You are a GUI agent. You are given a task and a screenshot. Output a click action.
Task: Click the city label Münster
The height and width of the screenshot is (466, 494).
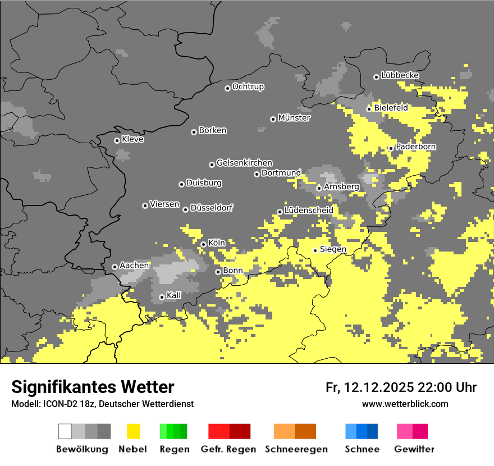click(294, 118)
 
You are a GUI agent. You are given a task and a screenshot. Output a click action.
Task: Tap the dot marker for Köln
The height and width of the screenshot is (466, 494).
click(203, 244)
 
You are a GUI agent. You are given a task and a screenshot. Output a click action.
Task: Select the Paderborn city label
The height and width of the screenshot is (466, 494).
click(415, 147)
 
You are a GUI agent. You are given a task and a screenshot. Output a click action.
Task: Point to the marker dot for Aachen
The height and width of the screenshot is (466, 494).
click(115, 267)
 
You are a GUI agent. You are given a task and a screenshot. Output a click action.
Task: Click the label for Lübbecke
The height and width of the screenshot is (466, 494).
click(400, 75)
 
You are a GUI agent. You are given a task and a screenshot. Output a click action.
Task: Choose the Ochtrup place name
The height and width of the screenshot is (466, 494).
click(248, 86)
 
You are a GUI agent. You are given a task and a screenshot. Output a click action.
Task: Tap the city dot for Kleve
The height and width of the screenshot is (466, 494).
click(117, 140)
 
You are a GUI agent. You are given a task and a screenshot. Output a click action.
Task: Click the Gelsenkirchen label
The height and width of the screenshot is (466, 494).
click(244, 163)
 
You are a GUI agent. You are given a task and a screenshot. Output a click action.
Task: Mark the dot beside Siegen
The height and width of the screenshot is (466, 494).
click(315, 250)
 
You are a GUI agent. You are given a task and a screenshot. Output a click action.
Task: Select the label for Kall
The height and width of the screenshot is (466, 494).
click(174, 295)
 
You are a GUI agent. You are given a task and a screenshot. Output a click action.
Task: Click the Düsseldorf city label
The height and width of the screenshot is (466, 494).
click(211, 208)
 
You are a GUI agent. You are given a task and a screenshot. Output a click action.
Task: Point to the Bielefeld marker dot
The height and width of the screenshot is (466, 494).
click(369, 109)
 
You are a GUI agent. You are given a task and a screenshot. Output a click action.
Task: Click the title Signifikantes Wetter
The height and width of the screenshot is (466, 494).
click(93, 387)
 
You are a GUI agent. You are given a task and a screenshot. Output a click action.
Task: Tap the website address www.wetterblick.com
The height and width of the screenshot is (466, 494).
click(405, 404)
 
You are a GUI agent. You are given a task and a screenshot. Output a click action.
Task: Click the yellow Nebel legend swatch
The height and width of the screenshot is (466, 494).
click(133, 431)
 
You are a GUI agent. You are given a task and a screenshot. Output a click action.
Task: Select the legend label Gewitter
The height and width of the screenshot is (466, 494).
click(414, 449)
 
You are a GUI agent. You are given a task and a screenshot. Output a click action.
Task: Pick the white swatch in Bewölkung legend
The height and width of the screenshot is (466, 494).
click(65, 431)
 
